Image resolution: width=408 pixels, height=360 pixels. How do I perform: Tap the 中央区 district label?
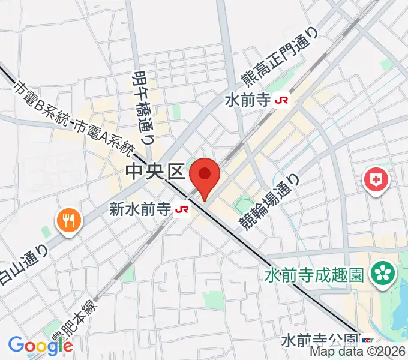[x=154, y=173]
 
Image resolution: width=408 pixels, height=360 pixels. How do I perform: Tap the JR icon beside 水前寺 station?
[x=280, y=100]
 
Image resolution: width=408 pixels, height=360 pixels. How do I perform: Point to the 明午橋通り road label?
[x=141, y=106]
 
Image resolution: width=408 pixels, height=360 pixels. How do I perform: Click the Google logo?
[x=41, y=345]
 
